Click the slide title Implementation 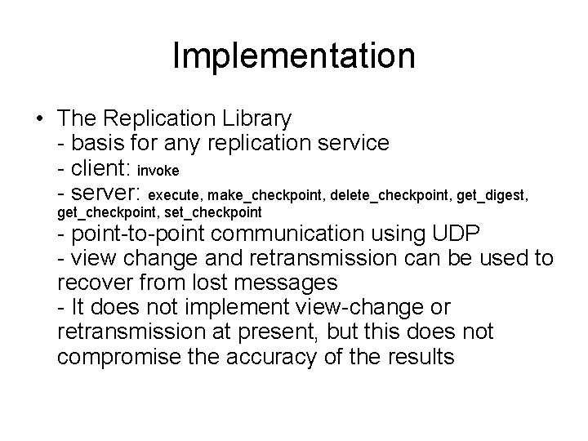click(x=294, y=56)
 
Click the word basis click(x=99, y=144)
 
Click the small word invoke click(x=158, y=171)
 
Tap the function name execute click(x=177, y=197)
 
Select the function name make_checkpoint click(x=265, y=197)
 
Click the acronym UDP click(x=458, y=234)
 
